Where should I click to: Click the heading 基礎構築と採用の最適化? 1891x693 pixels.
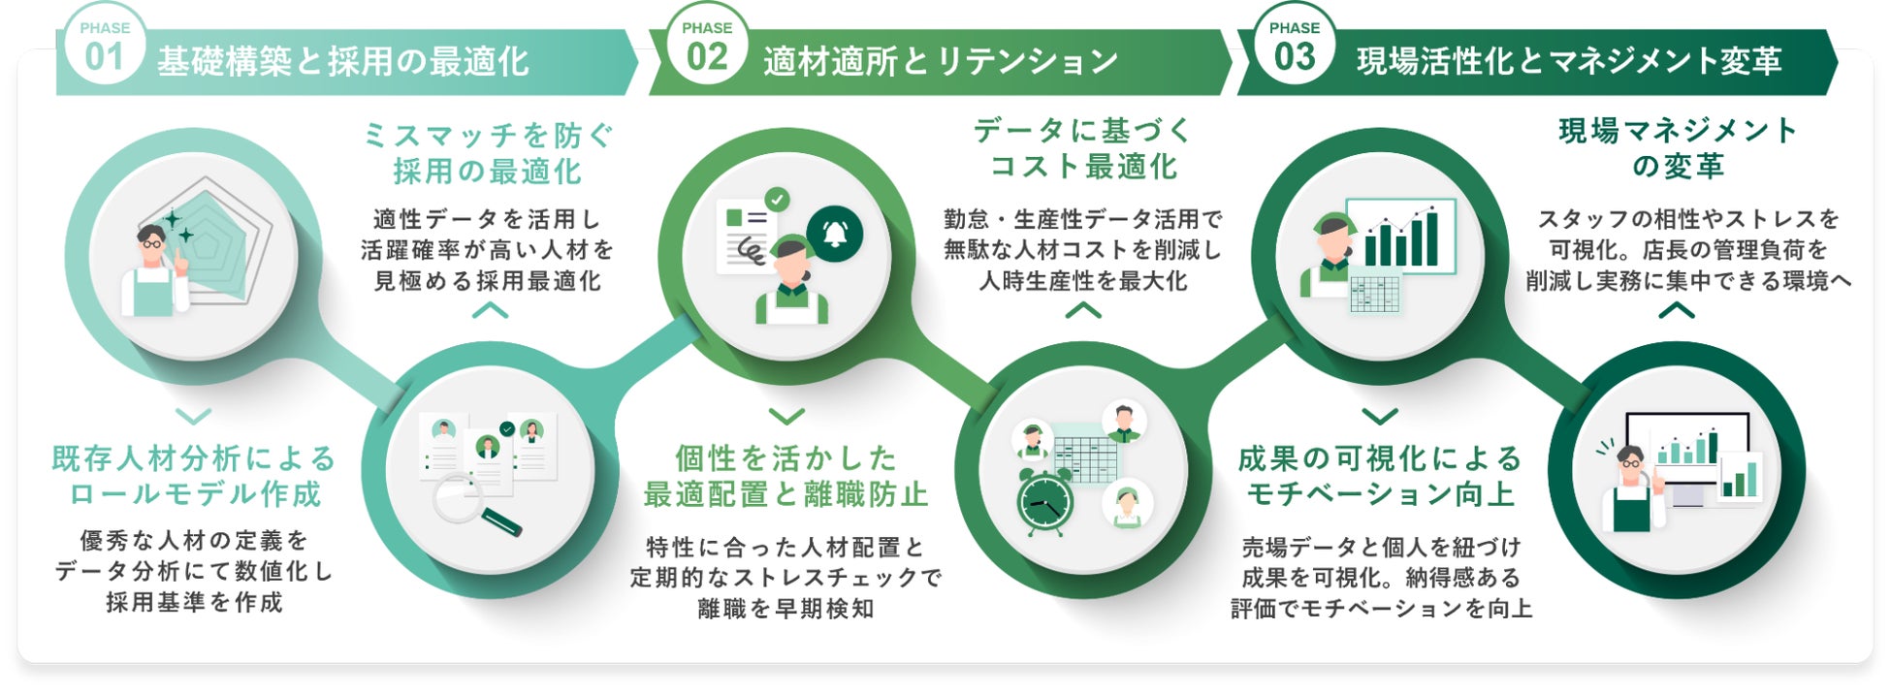point(343,62)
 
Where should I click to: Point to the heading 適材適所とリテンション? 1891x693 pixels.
point(941,62)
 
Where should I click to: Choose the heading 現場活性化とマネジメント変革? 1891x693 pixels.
point(1569,62)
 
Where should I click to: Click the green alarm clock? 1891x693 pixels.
point(1045,502)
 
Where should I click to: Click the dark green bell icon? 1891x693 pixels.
point(834,234)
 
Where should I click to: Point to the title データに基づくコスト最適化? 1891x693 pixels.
point(1082,148)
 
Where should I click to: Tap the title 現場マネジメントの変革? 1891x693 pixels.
point(1678,148)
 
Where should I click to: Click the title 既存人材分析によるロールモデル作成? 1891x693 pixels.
point(194,476)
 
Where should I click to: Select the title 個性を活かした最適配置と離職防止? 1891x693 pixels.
point(785,476)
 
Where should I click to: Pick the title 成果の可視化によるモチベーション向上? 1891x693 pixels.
point(1380,476)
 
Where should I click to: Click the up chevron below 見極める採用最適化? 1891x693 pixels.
point(490,311)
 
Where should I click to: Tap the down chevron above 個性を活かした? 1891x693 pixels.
point(786,416)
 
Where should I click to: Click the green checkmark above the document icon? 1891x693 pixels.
point(777,199)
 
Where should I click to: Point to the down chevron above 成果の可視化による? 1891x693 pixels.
point(1380,416)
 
